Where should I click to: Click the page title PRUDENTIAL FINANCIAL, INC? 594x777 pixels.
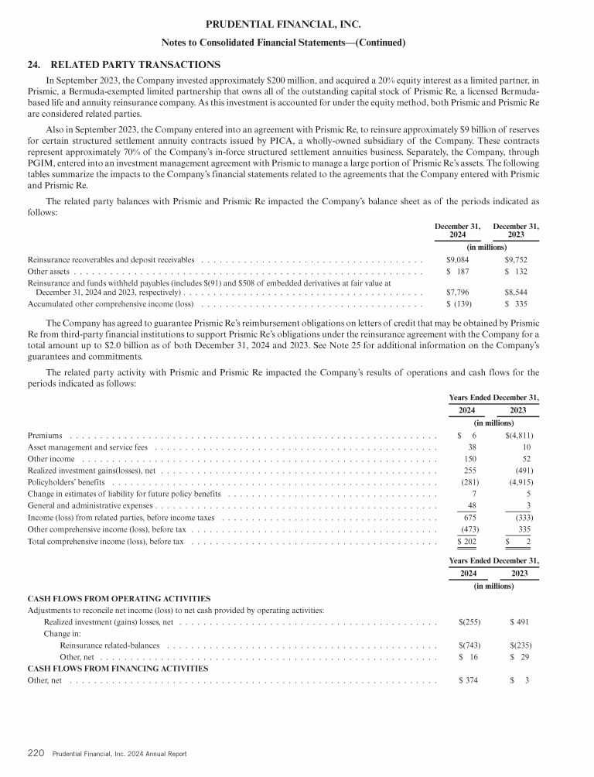click(297, 25)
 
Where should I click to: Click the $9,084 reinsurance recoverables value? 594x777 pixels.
click(460, 260)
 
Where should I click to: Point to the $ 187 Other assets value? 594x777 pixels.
click(460, 272)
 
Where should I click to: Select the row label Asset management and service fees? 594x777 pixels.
click(87, 447)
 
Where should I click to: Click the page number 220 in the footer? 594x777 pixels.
click(36, 753)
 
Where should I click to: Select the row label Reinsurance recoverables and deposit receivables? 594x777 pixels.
click(111, 260)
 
